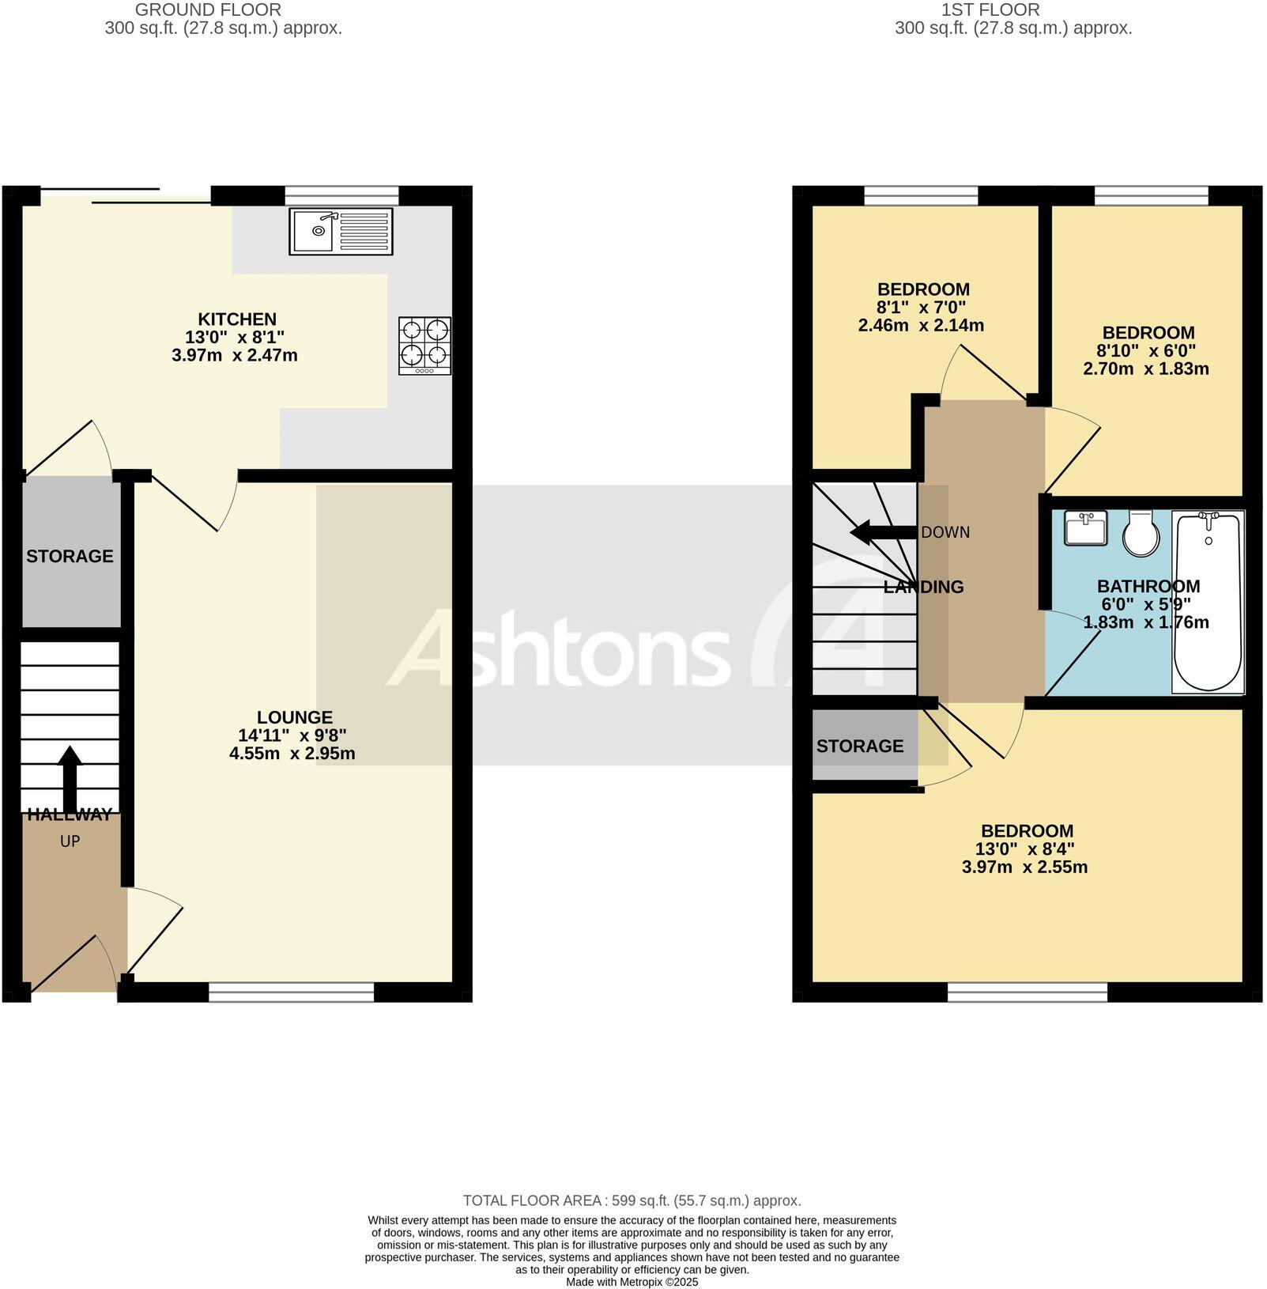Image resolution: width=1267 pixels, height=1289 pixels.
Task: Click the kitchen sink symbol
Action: pyautogui.click(x=341, y=231)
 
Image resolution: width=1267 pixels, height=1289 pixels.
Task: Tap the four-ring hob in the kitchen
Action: pyautogui.click(x=424, y=346)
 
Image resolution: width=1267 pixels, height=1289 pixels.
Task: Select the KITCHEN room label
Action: pyautogui.click(x=236, y=319)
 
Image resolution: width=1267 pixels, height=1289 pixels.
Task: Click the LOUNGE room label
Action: pyautogui.click(x=294, y=717)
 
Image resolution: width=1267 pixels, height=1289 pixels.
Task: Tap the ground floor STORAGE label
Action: pyautogui.click(x=70, y=556)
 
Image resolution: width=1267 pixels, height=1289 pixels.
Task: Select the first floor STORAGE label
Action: pyautogui.click(x=859, y=746)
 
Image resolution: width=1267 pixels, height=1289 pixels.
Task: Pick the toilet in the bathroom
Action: pyautogui.click(x=1141, y=532)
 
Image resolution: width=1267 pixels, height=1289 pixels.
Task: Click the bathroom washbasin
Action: pyautogui.click(x=1085, y=527)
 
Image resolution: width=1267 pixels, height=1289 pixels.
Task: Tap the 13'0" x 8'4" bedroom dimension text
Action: pyautogui.click(x=1024, y=849)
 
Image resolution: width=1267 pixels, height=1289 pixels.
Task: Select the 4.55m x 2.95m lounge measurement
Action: pyautogui.click(x=292, y=754)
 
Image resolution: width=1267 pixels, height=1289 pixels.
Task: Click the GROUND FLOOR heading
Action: pyautogui.click(x=208, y=10)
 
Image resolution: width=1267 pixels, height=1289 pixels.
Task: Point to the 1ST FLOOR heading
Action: pyautogui.click(x=990, y=10)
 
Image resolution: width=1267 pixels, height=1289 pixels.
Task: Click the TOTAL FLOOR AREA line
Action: pyautogui.click(x=632, y=1200)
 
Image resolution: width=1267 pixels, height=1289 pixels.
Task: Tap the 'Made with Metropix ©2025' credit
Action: pyautogui.click(x=632, y=1282)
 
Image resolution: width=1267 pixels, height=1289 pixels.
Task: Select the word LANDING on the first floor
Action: pyautogui.click(x=923, y=587)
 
